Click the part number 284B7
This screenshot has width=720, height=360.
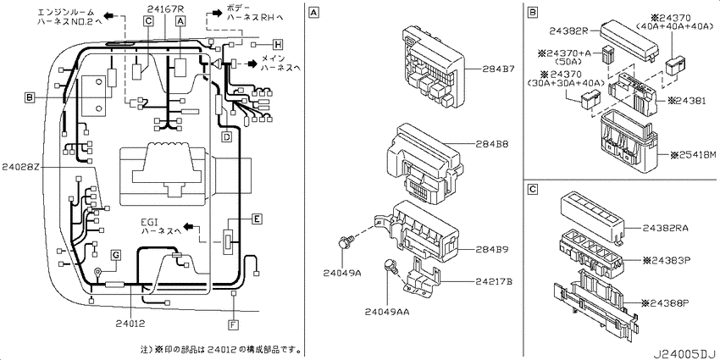[x=498, y=69]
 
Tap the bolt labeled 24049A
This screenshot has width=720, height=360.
[x=346, y=241]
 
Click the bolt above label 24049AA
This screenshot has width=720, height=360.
[x=390, y=265]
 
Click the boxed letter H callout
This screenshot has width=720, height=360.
[x=277, y=45]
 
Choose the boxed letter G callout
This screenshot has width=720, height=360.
[x=116, y=254]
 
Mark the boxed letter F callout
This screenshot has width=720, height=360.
[x=233, y=325]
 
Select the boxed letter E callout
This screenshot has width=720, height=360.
[x=258, y=219]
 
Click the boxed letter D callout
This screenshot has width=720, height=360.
[x=226, y=136]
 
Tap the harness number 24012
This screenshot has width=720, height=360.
[x=130, y=324]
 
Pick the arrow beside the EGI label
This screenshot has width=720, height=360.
[x=189, y=227]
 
